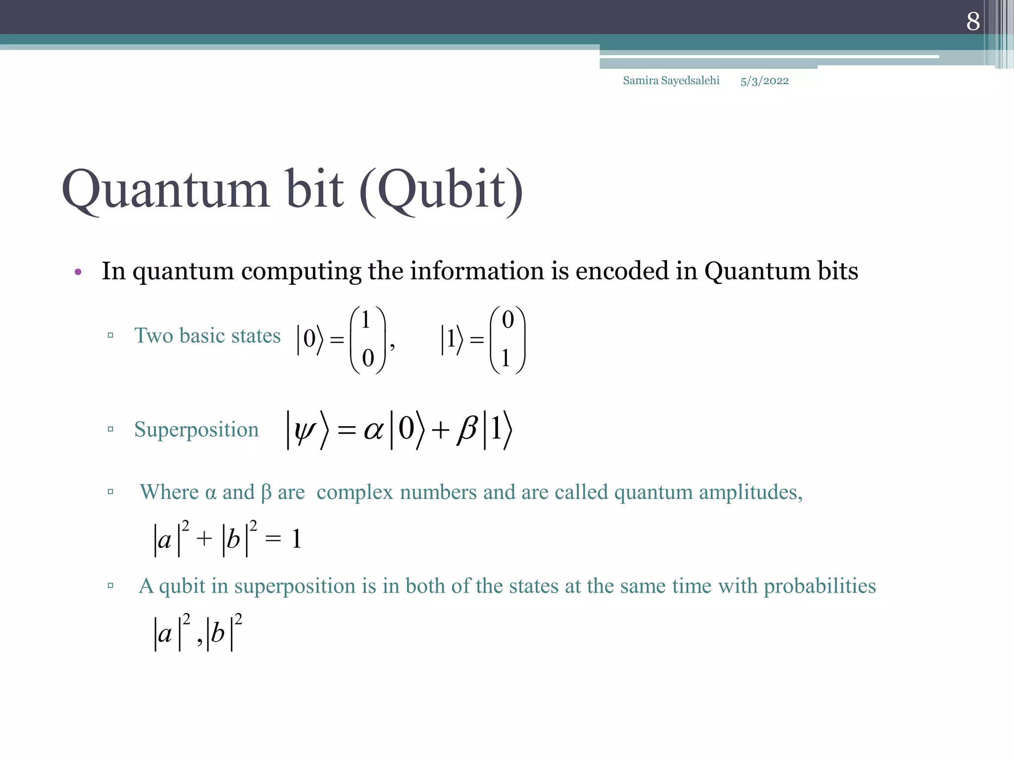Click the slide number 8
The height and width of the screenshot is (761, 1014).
(x=973, y=21)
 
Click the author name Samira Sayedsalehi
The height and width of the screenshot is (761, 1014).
(x=671, y=81)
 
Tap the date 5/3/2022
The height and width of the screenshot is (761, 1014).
(x=764, y=81)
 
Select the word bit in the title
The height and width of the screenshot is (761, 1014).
(x=315, y=189)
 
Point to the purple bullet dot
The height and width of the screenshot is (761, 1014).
(x=78, y=272)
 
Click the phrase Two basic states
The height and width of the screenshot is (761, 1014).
(x=207, y=336)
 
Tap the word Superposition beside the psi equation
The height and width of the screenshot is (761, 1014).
(x=197, y=430)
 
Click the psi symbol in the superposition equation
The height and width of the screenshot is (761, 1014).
(x=304, y=430)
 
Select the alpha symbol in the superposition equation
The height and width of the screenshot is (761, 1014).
(x=374, y=430)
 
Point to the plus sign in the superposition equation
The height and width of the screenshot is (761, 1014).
(x=440, y=431)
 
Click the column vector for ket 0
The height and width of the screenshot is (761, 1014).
(x=367, y=339)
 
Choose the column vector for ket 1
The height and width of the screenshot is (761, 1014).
(x=507, y=339)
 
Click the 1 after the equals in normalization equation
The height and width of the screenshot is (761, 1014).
(x=297, y=539)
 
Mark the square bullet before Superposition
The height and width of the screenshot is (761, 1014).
(x=110, y=429)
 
